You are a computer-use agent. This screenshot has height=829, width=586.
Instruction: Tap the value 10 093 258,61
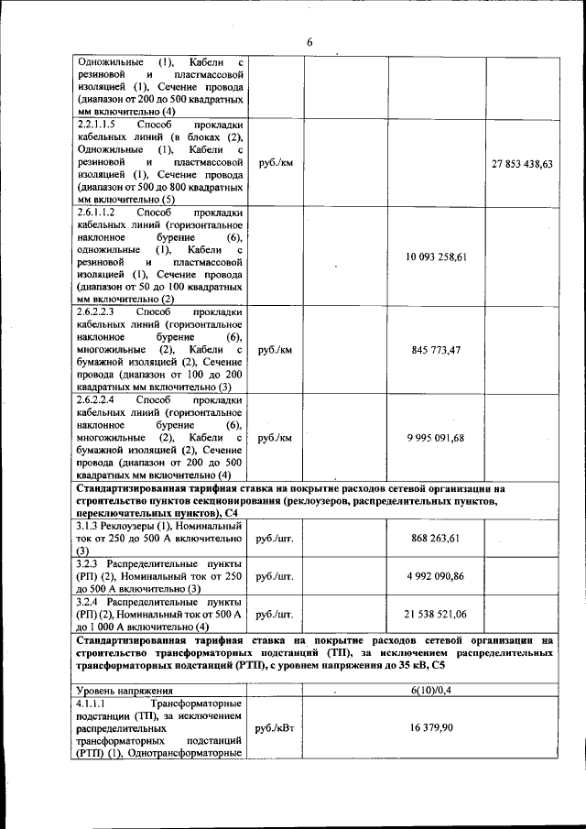437,257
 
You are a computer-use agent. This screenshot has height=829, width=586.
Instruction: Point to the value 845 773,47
437,350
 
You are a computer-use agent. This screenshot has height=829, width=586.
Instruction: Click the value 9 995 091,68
437,438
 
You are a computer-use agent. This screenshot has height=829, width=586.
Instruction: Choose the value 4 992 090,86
437,576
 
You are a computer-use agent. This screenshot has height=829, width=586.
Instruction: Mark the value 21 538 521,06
437,614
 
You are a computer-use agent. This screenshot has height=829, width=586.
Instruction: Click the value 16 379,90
437,725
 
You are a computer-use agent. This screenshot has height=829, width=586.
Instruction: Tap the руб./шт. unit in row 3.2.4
275,614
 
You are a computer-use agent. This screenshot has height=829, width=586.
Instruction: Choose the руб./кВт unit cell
275,726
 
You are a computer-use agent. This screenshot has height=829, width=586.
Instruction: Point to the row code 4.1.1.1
92,702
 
